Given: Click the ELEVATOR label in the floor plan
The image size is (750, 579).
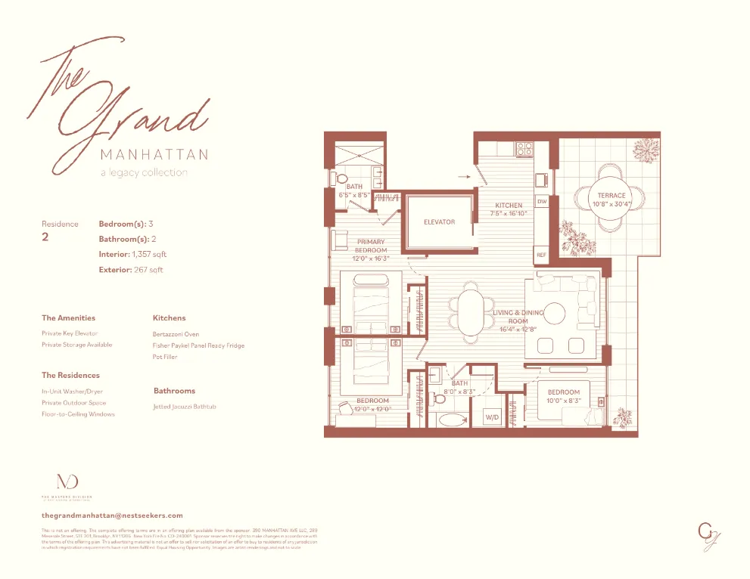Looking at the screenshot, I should pos(439,222).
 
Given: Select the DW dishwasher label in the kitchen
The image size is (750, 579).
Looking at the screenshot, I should pos(542,202).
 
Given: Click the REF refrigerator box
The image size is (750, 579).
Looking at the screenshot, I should pos(541,255).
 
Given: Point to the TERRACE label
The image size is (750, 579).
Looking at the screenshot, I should pos(611,196).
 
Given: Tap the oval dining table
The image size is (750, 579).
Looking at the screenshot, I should pos(471,311).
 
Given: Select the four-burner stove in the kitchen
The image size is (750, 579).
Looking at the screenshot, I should pos(524,150).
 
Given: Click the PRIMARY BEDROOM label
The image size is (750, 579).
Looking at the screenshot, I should pos(371,246).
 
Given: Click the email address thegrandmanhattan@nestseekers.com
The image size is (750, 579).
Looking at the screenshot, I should pos(112,515).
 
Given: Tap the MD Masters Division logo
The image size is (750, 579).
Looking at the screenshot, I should pos(67,482).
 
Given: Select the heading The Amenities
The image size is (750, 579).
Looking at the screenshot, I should pos(68,318).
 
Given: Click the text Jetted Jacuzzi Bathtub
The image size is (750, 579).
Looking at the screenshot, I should pos(185,407).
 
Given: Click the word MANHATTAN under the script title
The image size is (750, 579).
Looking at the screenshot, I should pos(154,155).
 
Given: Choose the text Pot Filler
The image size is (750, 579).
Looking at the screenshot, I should pos(165,357).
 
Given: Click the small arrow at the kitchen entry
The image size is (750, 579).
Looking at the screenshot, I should pos(464,178).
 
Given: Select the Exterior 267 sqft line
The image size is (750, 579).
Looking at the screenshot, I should pos(130,269).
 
